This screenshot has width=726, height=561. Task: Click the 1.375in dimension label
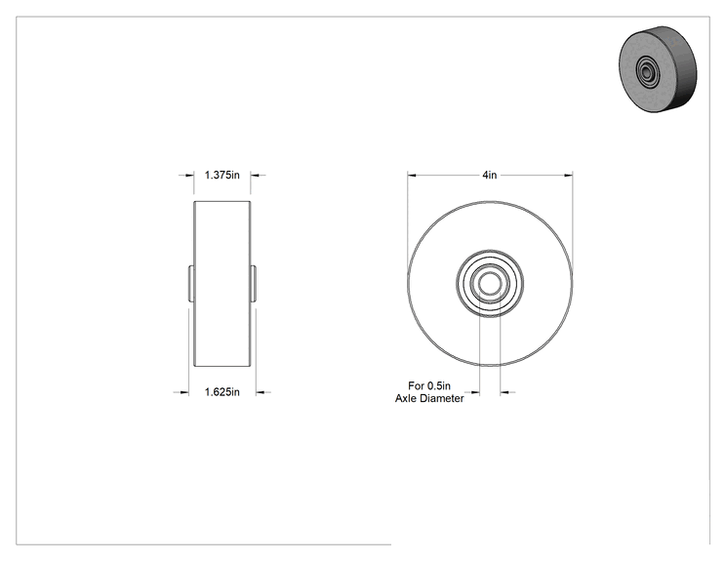(x=222, y=175)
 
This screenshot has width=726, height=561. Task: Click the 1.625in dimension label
(x=222, y=392)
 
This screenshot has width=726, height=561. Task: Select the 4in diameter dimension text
(x=490, y=175)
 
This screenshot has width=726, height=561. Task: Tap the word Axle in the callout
(x=405, y=398)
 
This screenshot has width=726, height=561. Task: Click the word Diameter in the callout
(x=441, y=398)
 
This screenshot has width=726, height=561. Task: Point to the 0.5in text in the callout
(x=438, y=385)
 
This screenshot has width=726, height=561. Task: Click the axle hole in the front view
(x=490, y=284)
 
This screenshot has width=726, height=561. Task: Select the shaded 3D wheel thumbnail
(x=658, y=69)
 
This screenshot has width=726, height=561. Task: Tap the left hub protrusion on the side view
(x=190, y=284)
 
